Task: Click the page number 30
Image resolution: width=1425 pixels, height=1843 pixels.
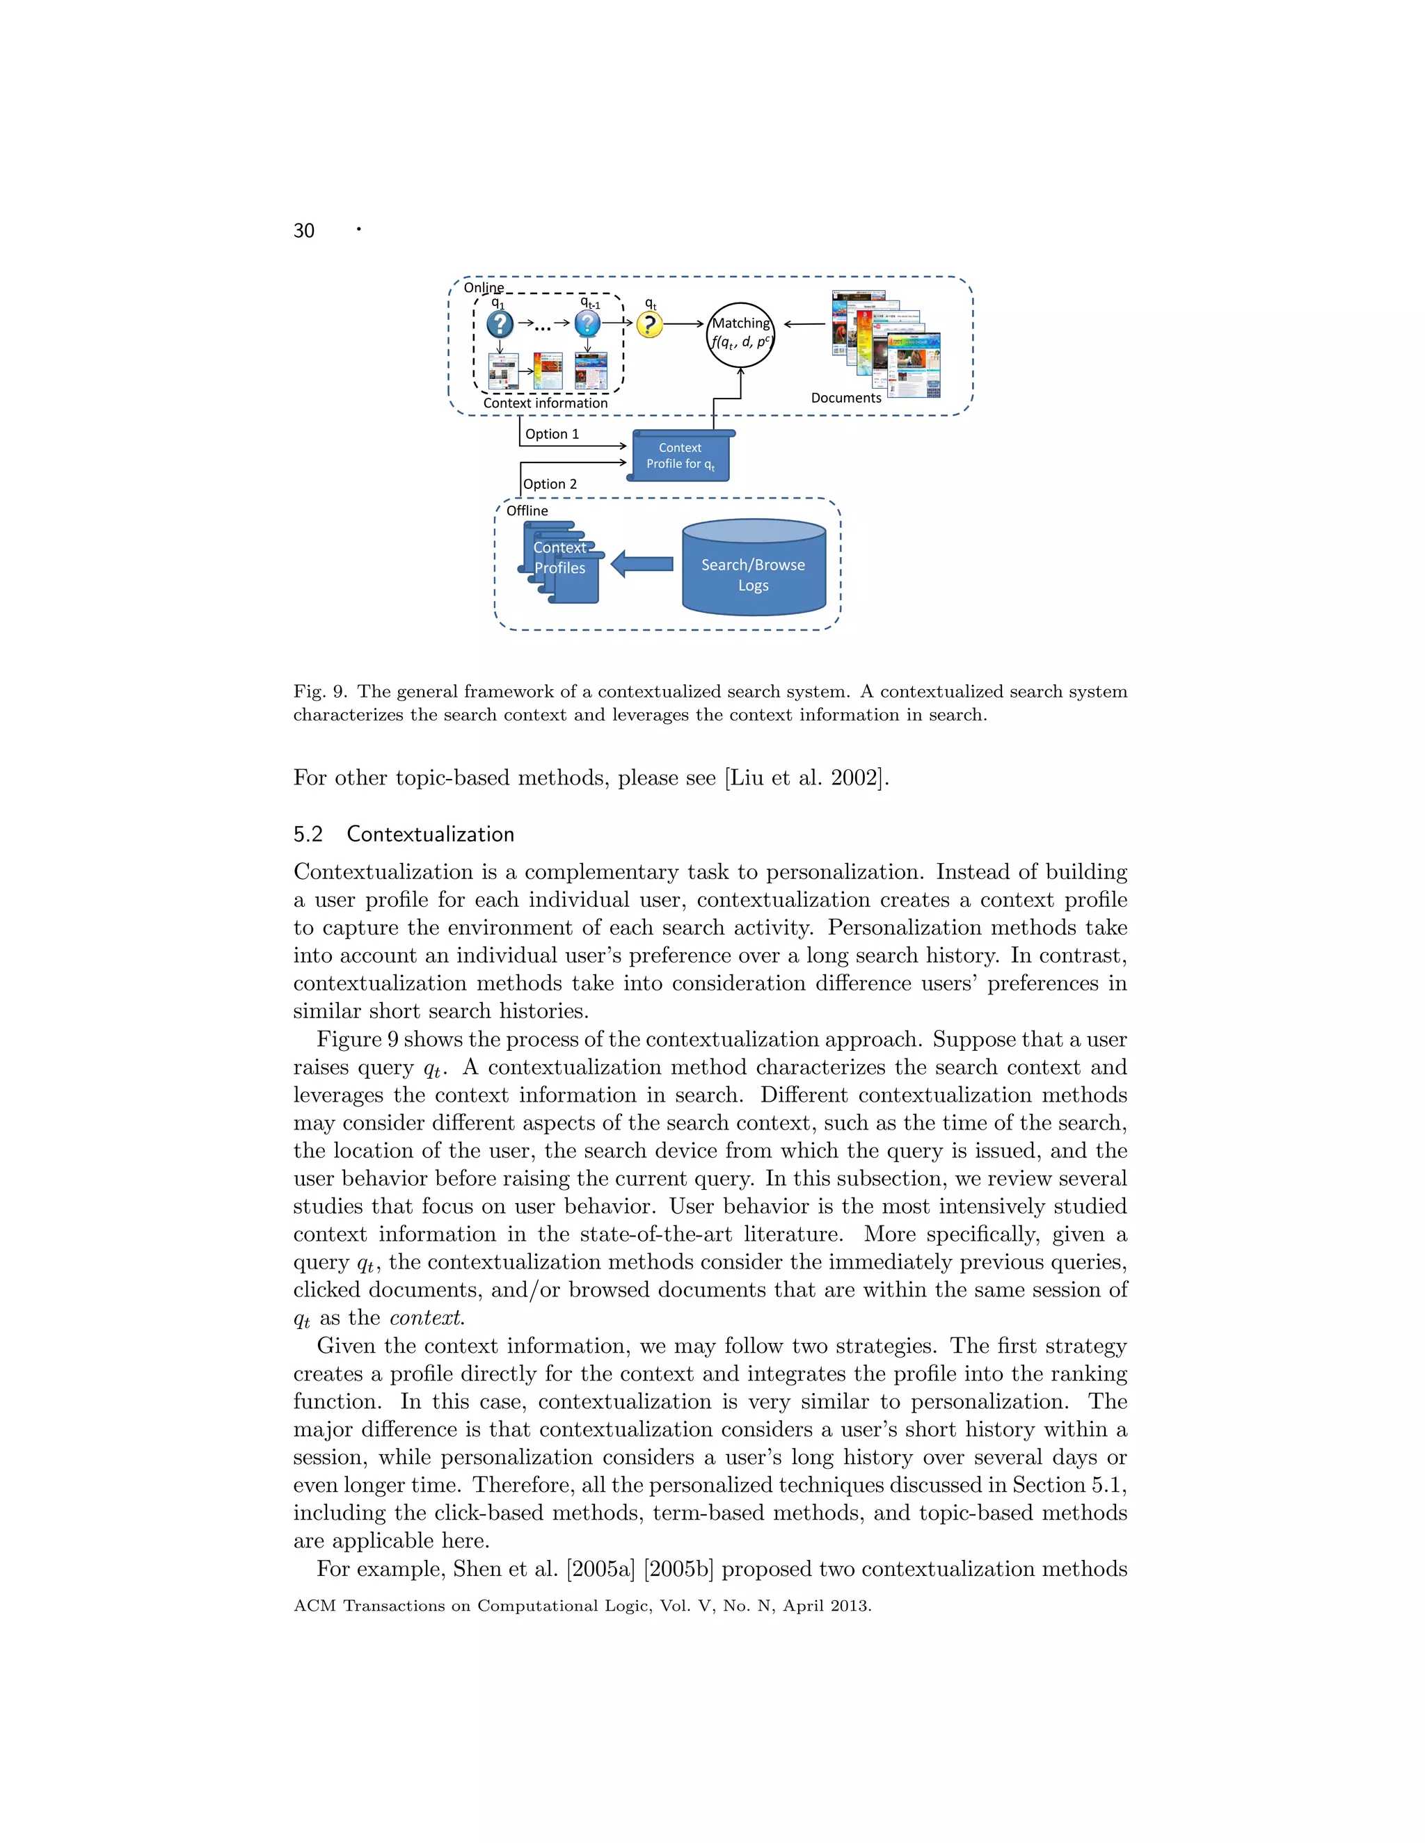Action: coord(303,231)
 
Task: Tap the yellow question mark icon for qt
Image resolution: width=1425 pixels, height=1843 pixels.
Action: coord(649,324)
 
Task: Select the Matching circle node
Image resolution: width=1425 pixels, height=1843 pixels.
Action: coord(740,334)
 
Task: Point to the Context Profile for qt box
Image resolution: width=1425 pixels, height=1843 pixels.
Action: coord(680,456)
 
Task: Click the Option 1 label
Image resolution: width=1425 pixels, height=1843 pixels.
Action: coord(552,434)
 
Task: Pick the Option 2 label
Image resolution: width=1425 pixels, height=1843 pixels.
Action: coord(550,483)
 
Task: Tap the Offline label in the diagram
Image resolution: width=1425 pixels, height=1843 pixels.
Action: coord(527,510)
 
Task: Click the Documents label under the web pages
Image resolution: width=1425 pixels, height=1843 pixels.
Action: coord(846,397)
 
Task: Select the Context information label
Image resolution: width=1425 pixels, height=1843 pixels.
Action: coord(546,403)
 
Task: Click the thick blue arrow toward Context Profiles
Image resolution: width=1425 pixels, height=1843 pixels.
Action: coord(642,564)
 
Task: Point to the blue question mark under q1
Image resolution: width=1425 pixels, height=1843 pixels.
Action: coord(500,324)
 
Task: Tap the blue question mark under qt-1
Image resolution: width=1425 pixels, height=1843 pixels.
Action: coord(587,323)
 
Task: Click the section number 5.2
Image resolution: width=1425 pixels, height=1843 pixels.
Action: coord(308,834)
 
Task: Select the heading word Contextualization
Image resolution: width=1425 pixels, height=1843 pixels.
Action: coord(431,834)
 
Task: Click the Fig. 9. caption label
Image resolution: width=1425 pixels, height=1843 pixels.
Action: coord(320,691)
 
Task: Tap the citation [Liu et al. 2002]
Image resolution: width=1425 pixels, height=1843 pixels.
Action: coord(806,778)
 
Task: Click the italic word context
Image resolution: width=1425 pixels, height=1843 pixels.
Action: coord(427,1317)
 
